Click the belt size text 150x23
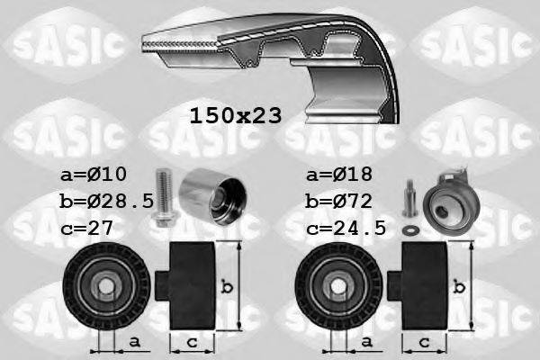tap(235, 116)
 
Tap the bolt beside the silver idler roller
tap(164, 197)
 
